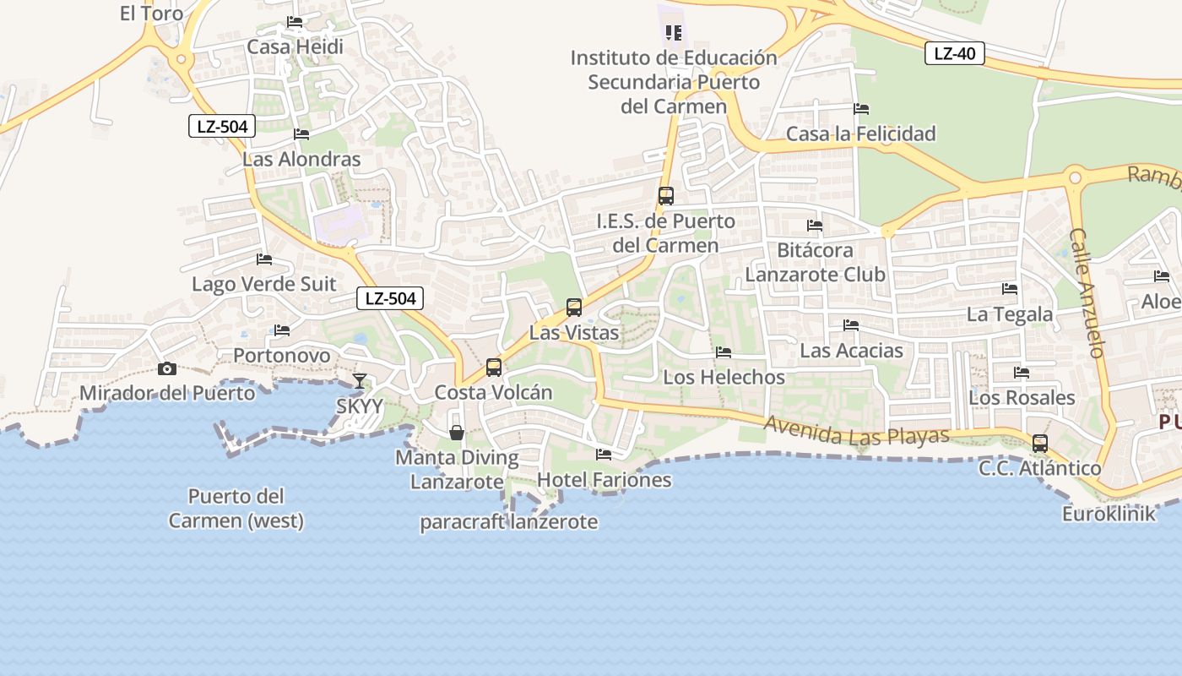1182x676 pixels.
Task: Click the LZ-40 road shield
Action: tap(955, 54)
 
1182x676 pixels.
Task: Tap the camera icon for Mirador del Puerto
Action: tap(167, 368)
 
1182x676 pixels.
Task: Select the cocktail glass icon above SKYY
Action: tap(360, 381)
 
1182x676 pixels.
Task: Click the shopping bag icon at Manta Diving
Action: tap(457, 433)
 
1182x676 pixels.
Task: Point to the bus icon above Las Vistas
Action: tap(574, 308)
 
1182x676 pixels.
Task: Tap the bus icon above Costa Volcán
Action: tap(494, 368)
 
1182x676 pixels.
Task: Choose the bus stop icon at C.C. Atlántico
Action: tap(1040, 444)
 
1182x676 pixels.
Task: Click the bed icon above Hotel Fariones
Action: tap(604, 455)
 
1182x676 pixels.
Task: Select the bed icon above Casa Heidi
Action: tap(295, 22)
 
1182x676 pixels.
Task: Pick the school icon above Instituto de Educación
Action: tap(673, 33)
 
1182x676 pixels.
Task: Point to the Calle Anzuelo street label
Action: tap(1087, 292)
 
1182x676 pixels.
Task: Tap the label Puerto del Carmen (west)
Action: tap(236, 508)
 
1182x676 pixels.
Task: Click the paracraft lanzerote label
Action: tap(509, 522)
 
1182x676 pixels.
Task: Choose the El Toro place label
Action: tap(152, 13)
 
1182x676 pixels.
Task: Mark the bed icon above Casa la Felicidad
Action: tap(861, 109)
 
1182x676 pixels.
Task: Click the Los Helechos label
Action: tap(724, 377)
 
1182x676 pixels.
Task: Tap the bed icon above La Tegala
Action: tap(1010, 289)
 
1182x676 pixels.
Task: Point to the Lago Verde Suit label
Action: tap(263, 284)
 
